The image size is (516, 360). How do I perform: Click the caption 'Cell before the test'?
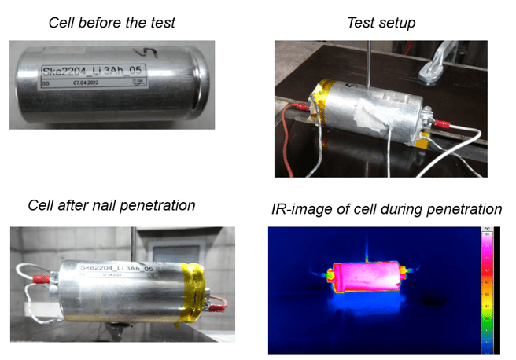coord(112,22)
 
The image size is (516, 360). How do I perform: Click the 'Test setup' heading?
coord(381,22)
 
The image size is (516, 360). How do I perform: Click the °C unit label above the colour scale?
coord(487,230)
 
